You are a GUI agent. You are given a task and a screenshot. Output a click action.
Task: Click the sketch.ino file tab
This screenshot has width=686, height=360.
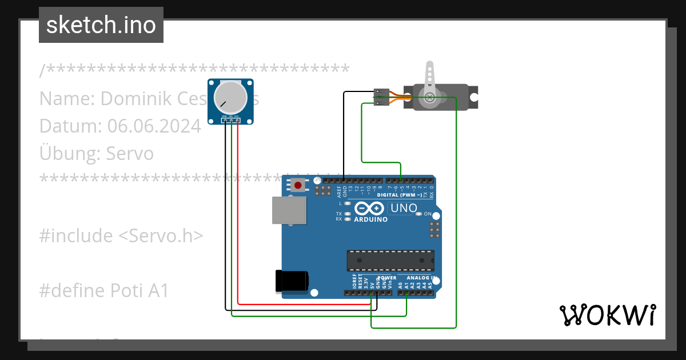(x=101, y=25)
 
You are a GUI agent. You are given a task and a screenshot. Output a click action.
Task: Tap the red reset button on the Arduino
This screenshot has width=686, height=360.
(x=298, y=185)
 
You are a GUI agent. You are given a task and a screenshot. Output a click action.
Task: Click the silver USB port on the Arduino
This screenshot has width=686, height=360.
(x=288, y=210)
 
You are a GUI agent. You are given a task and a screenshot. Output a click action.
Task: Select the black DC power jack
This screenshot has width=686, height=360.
(x=292, y=281)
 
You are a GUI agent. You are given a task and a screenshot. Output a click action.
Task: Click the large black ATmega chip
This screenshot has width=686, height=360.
(x=390, y=260)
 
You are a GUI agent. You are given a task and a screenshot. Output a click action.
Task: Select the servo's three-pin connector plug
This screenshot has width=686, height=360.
(x=381, y=97)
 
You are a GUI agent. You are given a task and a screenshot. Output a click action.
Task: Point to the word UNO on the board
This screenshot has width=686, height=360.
(x=403, y=208)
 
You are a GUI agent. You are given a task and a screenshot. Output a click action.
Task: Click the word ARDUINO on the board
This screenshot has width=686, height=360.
(x=370, y=219)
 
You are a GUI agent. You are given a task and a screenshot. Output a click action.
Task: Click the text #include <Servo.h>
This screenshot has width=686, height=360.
(x=121, y=235)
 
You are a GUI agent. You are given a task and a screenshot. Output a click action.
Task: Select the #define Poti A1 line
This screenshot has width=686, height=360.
(x=104, y=290)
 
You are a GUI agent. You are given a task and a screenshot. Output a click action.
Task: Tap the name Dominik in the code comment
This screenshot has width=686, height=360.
(x=135, y=98)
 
